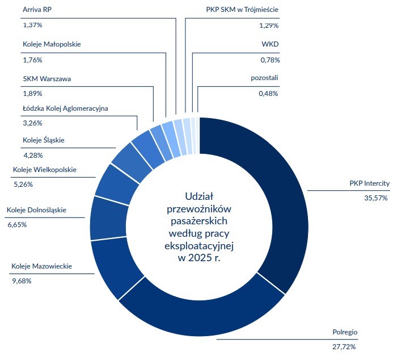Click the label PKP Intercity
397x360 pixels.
(369, 183)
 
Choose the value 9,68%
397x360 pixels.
(22, 281)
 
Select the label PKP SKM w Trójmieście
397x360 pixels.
(242, 10)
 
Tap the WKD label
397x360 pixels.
(270, 44)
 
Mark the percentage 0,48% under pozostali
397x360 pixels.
(268, 93)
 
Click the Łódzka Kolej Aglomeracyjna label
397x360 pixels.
(66, 108)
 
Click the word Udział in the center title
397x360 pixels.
(198, 196)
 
